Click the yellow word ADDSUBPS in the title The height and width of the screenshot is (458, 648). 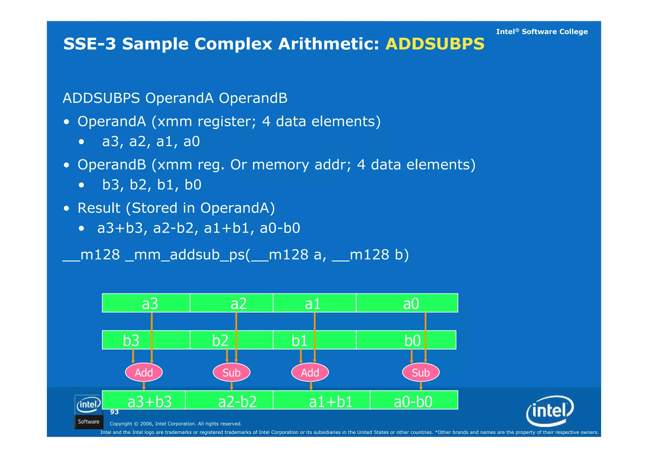point(435,44)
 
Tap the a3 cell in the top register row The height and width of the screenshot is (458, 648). point(146,303)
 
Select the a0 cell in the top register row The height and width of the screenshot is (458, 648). point(407,303)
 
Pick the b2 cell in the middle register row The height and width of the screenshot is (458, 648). point(231,340)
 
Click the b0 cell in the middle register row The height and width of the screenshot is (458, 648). point(406,340)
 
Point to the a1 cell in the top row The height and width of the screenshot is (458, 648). point(315,303)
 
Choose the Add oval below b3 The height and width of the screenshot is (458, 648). point(144,373)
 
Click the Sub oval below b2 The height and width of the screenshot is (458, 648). point(232,373)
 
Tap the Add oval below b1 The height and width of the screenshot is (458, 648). point(310,373)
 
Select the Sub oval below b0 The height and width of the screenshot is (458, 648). point(421,373)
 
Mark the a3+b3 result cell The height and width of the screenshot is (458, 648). point(144,400)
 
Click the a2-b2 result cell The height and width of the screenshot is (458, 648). point(229,400)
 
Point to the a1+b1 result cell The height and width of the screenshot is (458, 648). point(321,400)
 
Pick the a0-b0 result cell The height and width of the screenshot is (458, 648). point(414,400)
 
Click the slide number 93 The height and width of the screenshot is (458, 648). point(114,412)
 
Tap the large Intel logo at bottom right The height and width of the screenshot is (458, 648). point(550,411)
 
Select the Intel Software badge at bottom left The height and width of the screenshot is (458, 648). point(88,412)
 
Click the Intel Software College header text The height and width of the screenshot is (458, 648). point(542,32)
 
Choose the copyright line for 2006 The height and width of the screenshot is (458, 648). point(176,424)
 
